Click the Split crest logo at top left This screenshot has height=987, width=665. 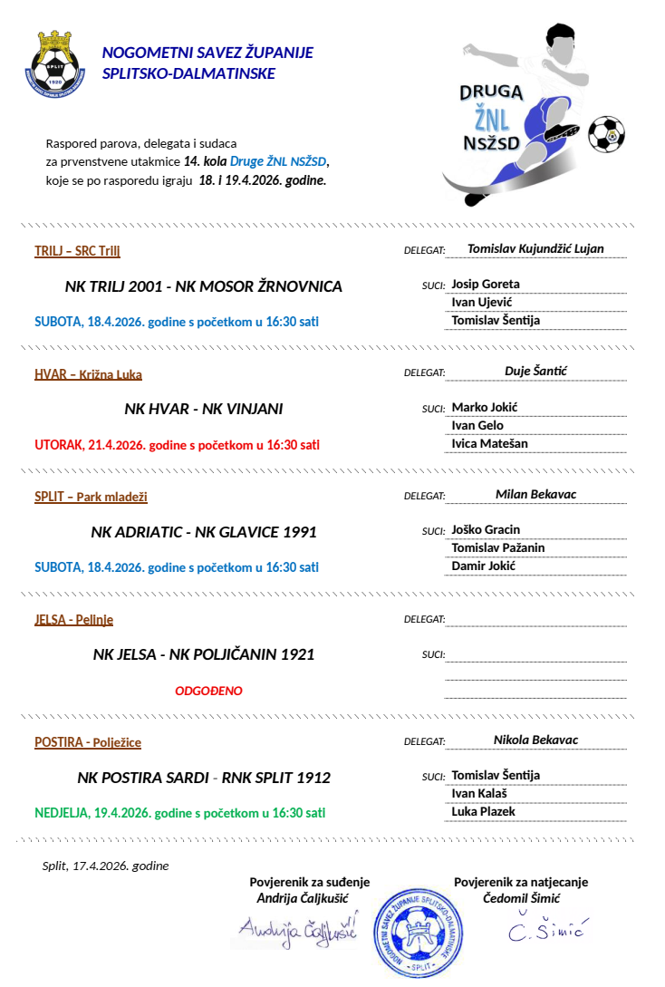[55, 64]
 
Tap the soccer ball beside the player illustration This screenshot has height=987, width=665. [606, 133]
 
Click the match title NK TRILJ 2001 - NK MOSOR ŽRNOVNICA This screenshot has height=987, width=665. [204, 286]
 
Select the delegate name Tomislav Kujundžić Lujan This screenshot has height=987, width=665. [535, 248]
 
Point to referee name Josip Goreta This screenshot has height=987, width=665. [486, 284]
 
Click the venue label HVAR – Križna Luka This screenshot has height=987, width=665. [88, 374]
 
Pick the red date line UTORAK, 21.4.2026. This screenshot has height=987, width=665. [177, 445]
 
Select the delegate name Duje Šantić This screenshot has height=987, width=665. [535, 371]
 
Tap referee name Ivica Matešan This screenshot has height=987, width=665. [489, 443]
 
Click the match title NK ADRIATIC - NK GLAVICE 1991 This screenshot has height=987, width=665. [204, 532]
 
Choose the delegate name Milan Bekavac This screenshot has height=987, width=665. [535, 494]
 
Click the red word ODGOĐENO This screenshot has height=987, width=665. [208, 691]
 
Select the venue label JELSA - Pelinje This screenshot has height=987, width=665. [73, 620]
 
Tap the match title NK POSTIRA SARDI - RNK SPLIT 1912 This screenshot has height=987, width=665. [204, 778]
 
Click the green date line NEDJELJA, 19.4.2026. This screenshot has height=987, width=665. [180, 813]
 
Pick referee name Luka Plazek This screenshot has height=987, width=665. [484, 811]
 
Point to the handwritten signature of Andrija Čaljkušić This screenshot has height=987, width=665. [298, 927]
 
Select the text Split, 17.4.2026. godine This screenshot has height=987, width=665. [105, 866]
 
